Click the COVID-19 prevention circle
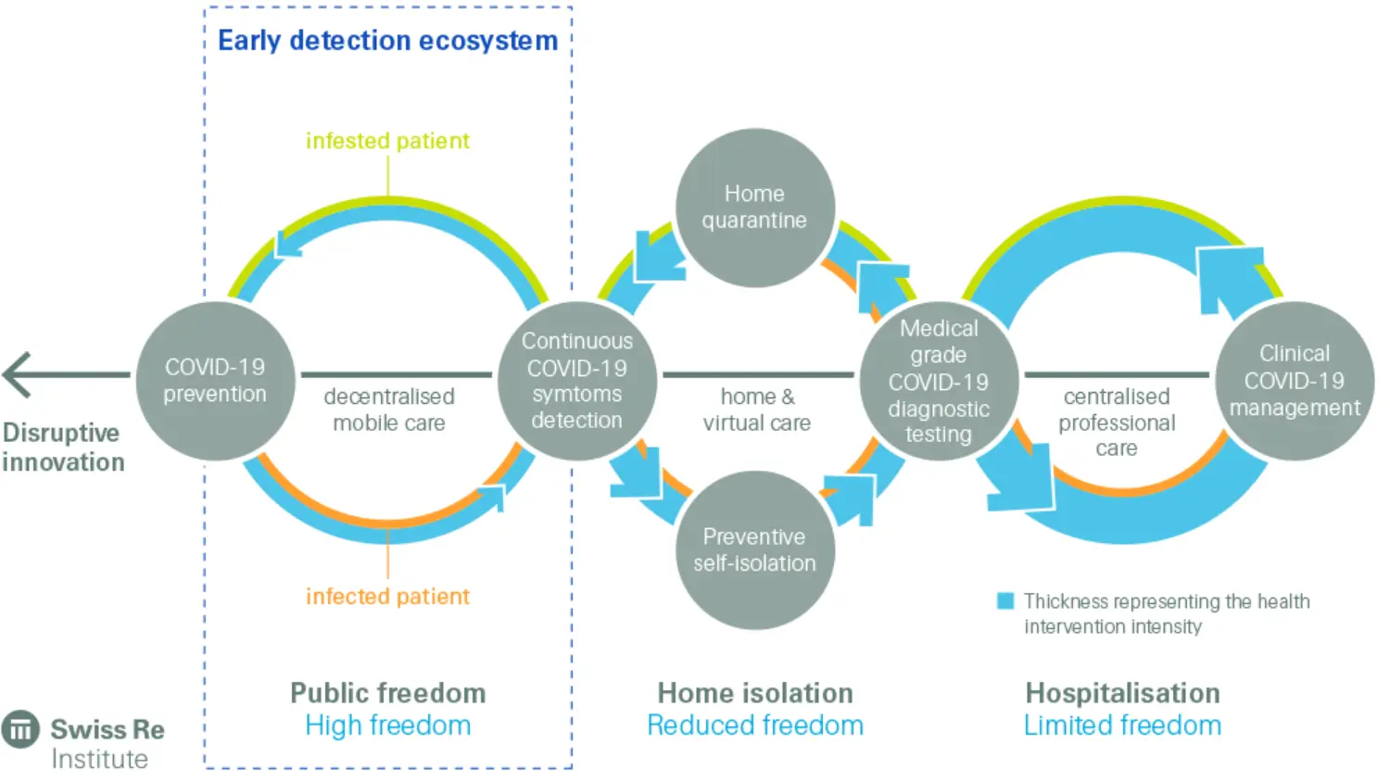pos(215,381)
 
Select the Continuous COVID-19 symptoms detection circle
pos(576,381)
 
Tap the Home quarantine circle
pos(754,208)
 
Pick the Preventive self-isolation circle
pos(754,550)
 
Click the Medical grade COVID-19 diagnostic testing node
pos(939,381)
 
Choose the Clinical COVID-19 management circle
pos(1295,381)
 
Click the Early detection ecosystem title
pos(387,41)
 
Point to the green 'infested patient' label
pos(387,141)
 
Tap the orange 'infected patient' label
pos(387,597)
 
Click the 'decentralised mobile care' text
pos(389,410)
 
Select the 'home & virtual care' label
pos(756,410)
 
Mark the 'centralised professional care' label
pos(1117,423)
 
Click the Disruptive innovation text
pos(62,448)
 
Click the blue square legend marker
pos(1005,601)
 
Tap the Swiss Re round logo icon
pos(20,730)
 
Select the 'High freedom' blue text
pos(387,725)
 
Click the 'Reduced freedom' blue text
pos(754,725)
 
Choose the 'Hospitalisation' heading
pos(1122,693)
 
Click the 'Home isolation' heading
pos(754,693)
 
